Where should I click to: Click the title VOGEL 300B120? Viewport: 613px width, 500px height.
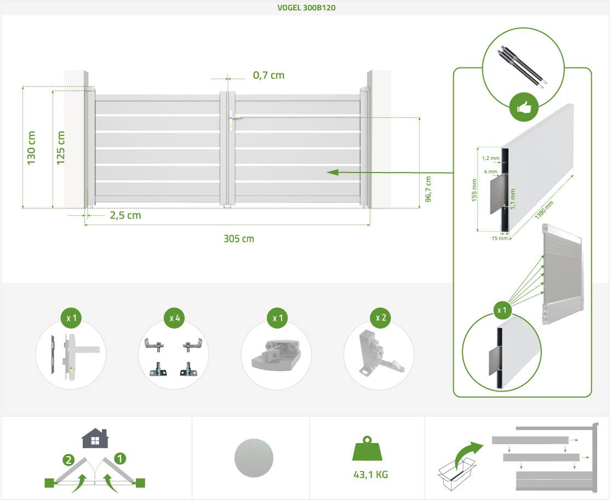307,8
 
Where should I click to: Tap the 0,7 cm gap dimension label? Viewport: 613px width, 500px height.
268,75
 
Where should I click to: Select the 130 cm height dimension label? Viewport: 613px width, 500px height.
31,148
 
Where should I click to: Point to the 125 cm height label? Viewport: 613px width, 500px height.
60,148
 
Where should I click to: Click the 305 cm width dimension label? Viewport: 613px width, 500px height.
239,239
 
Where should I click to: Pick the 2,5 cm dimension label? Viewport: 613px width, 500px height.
125,215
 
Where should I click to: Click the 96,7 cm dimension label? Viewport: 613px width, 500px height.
428,189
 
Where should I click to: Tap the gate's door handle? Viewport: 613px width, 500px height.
235,117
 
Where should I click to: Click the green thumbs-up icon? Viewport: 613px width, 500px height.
523,107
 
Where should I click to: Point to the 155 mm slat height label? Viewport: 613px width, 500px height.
474,189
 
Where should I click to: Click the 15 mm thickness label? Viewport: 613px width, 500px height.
496,238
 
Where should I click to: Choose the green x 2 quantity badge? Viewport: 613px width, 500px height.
381,318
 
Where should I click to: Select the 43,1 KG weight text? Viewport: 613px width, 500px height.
370,474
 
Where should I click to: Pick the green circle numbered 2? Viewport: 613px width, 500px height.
68,459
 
